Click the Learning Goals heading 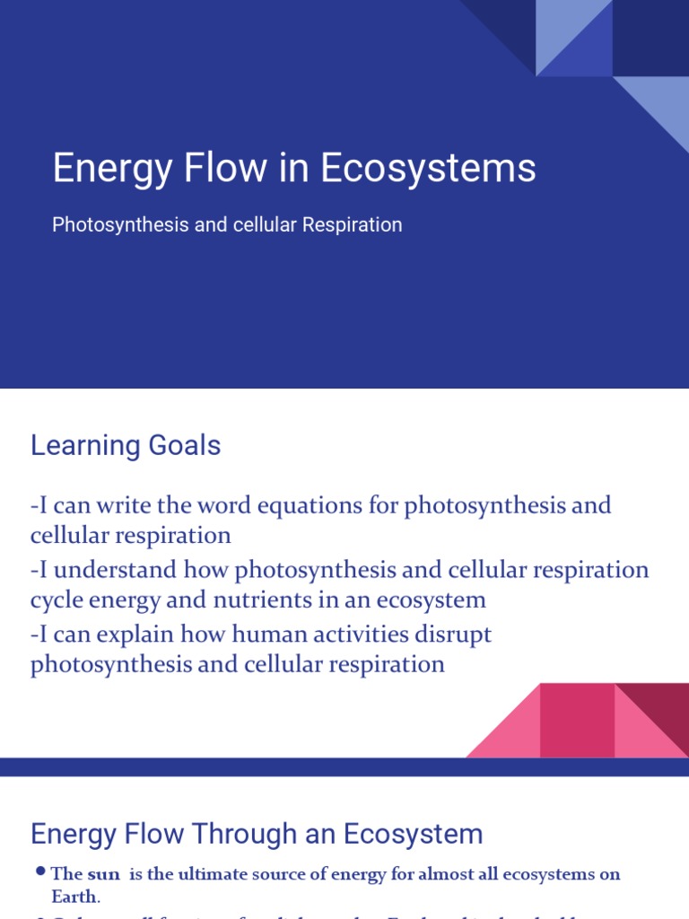(x=126, y=445)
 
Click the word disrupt (x=449, y=635)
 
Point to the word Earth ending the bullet (x=74, y=896)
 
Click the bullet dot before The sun (x=40, y=872)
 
